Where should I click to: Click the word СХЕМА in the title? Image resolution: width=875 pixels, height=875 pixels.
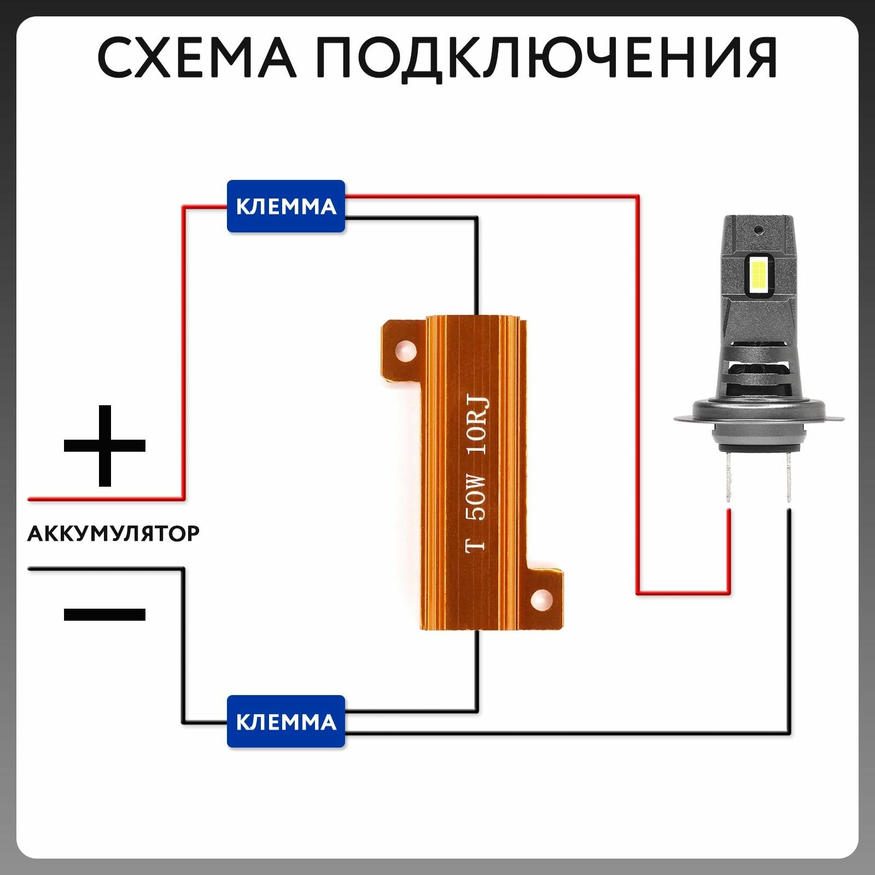[196, 57]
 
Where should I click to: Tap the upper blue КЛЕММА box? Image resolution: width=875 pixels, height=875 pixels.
[286, 206]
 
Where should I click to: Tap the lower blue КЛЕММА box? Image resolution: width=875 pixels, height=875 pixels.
[286, 721]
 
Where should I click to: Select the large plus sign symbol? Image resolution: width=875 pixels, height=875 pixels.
[104, 445]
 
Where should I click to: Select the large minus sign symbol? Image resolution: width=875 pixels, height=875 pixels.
[104, 614]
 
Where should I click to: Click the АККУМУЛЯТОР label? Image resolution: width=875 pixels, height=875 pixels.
[114, 533]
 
